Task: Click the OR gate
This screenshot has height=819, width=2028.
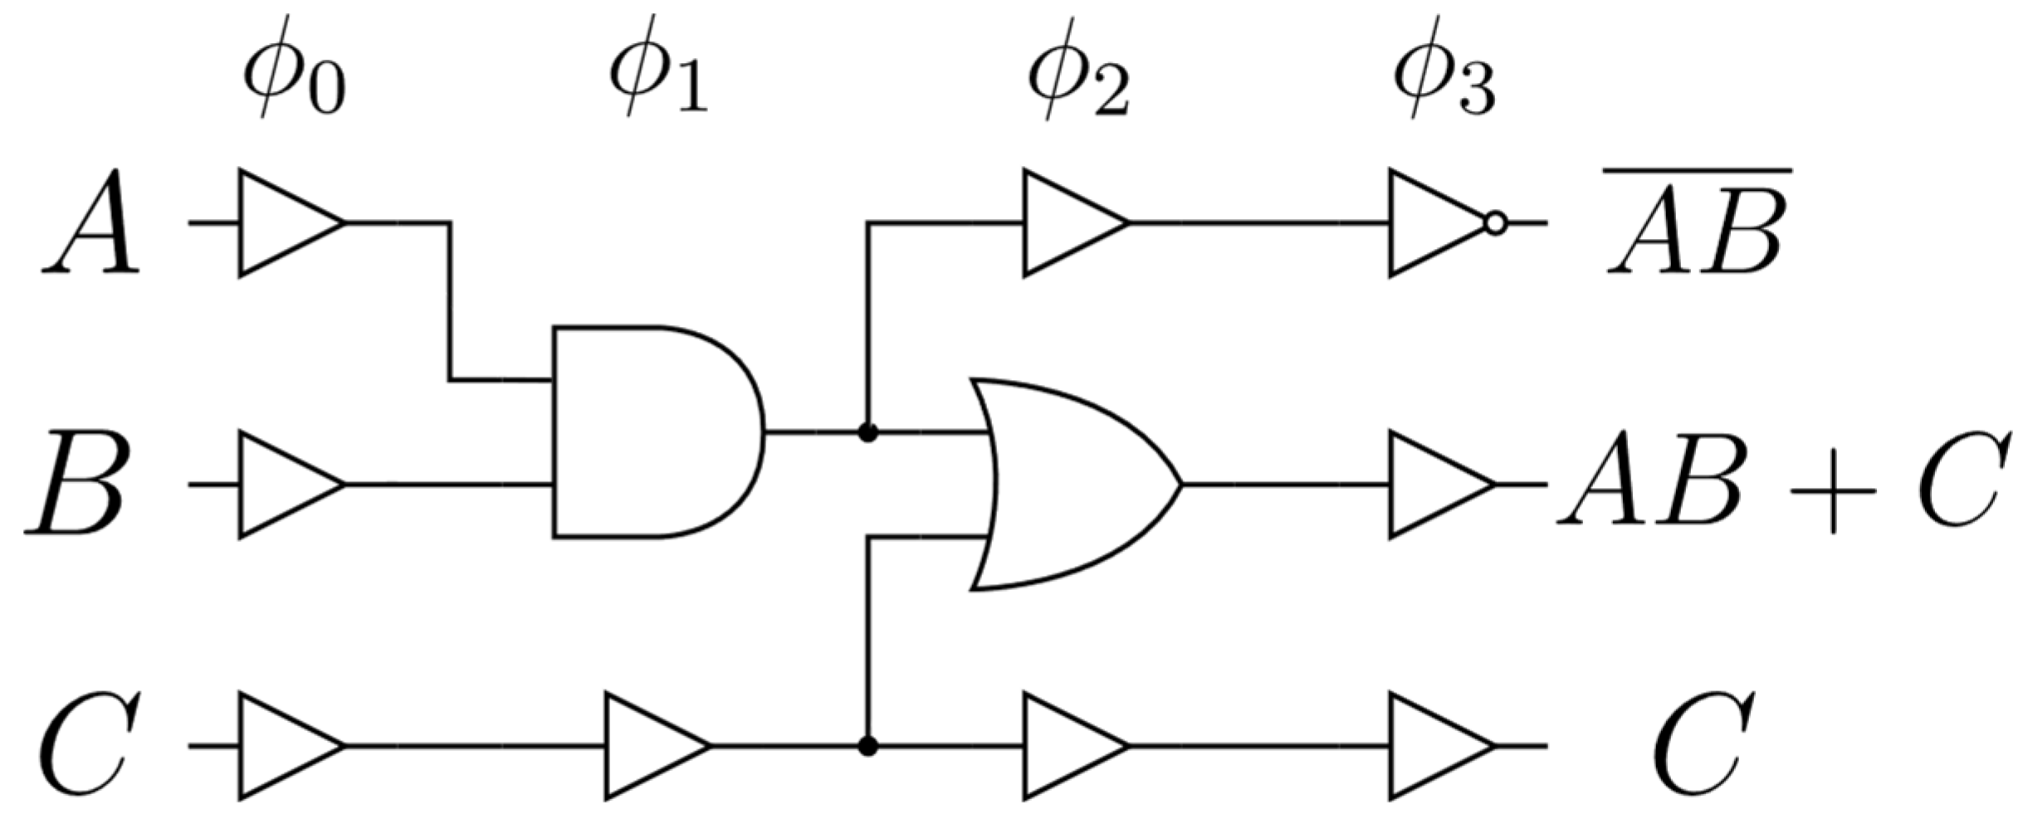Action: pos(1071,485)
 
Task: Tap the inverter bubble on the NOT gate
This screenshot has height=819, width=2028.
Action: pos(1495,223)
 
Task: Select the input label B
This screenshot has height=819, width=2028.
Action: pos(79,484)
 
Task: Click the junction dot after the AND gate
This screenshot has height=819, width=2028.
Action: pos(867,432)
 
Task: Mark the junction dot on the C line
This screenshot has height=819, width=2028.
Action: pos(867,746)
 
